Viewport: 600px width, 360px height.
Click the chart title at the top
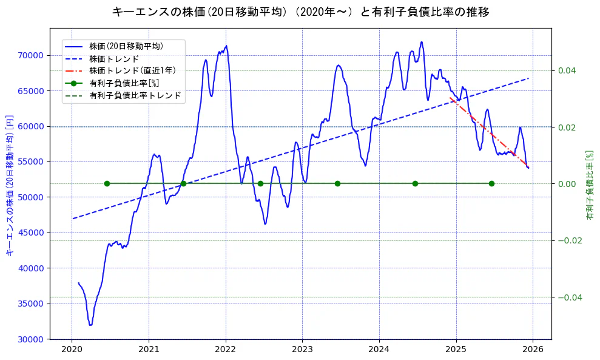(300, 12)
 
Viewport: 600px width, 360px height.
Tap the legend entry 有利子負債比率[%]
(124, 83)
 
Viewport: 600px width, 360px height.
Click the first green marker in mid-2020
(107, 183)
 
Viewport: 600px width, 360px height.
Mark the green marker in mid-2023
(337, 183)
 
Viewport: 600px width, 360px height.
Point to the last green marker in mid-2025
(491, 183)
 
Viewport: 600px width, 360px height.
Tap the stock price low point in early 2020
(90, 325)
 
